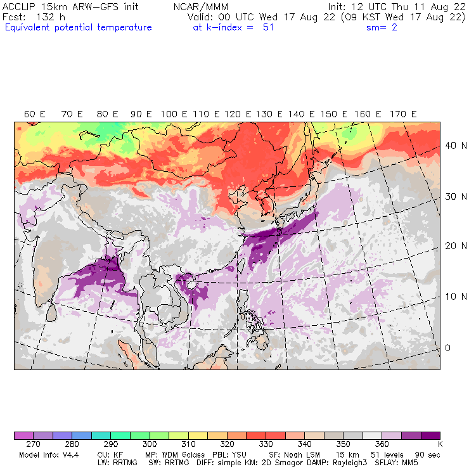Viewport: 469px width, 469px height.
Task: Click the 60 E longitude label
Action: pyautogui.click(x=34, y=114)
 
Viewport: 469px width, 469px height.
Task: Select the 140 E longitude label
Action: pyautogui.click(x=300, y=114)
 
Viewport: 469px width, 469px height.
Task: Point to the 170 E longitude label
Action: pyautogui.click(x=403, y=114)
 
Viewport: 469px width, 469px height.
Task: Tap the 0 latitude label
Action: pyautogui.click(x=447, y=347)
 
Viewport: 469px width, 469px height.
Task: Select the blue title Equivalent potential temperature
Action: pyautogui.click(x=79, y=27)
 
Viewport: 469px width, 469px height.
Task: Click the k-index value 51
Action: pyautogui.click(x=267, y=27)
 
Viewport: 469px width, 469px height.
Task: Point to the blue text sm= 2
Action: pyautogui.click(x=382, y=27)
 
